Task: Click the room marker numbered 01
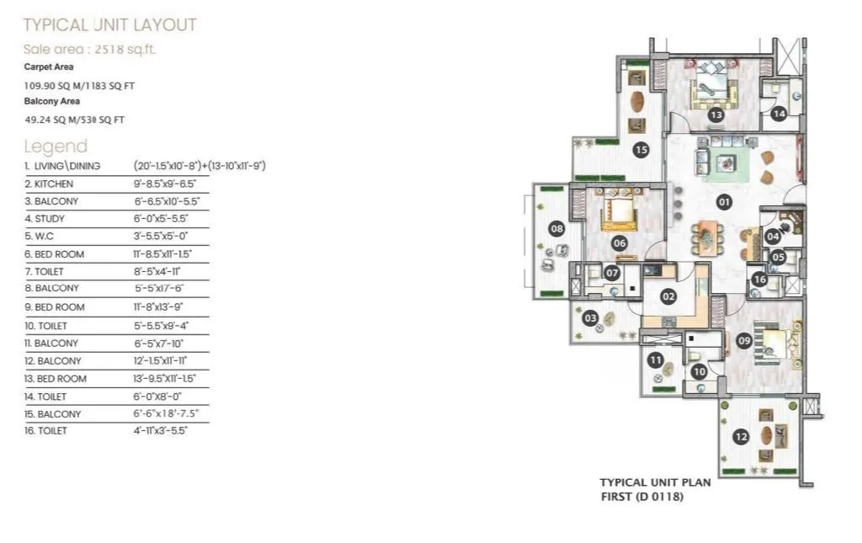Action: [723, 202]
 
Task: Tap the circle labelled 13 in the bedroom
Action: [716, 115]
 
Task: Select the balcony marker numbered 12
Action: [741, 437]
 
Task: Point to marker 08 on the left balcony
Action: [556, 228]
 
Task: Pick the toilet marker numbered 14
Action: [780, 114]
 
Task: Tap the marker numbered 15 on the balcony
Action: [641, 150]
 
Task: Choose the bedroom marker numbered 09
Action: [743, 341]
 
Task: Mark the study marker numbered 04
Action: [773, 237]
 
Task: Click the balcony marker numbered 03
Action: [591, 317]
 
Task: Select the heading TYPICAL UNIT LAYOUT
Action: [109, 24]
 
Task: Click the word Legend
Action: [56, 146]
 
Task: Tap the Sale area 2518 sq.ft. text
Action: [89, 49]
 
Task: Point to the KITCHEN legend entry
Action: [49, 184]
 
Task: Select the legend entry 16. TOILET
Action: [45, 430]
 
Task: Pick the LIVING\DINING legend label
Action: [68, 166]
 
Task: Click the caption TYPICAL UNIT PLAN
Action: [655, 482]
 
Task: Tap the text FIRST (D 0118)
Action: [641, 497]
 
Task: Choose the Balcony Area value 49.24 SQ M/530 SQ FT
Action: [75, 120]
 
